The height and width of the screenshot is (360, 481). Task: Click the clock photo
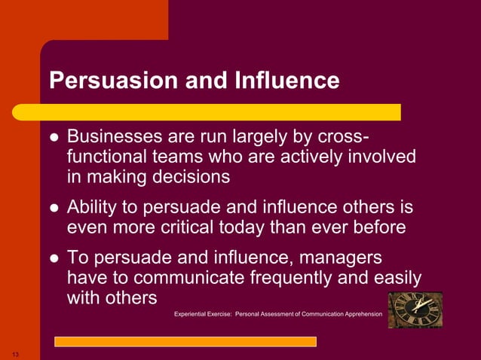[415, 310]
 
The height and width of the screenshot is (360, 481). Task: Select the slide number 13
[14, 353]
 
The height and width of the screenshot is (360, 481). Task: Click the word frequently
[289, 278]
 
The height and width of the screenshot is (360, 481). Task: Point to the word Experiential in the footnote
[192, 313]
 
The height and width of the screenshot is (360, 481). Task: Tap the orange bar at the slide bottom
[185, 341]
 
